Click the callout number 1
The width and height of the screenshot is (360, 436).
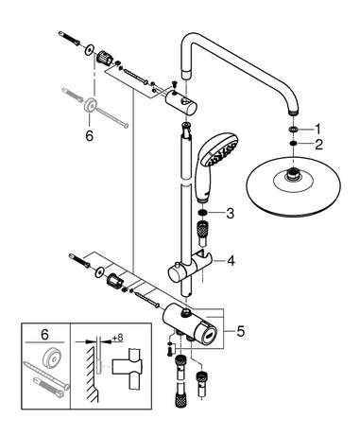tap(317, 129)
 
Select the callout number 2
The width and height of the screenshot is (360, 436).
tap(318, 145)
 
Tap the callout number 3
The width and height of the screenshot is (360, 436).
tap(231, 214)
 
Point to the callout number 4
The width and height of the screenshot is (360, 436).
tap(231, 261)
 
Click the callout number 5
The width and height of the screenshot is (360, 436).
tap(241, 331)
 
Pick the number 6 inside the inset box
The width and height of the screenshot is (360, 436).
tap(44, 335)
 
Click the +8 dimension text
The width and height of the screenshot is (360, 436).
tap(118, 338)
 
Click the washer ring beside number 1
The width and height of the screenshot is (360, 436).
tap(293, 130)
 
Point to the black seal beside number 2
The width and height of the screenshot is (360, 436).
tap(293, 144)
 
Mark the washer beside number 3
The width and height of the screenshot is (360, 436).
tap(203, 213)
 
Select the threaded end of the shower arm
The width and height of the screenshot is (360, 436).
tap(293, 112)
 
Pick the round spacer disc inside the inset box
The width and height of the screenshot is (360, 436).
tap(51, 358)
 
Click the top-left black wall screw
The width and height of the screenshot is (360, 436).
tap(69, 38)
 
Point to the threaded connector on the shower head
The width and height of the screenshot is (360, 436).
tap(292, 175)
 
